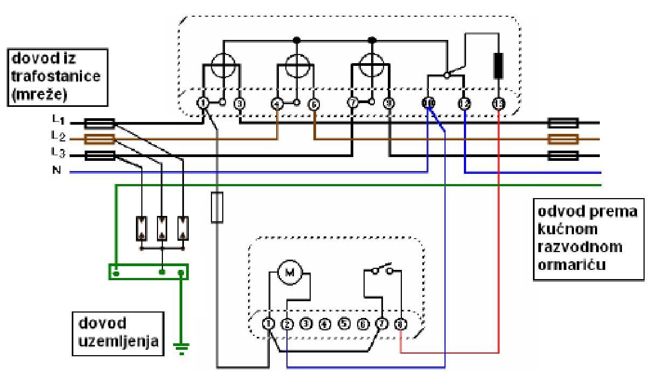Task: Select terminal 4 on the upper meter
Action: tap(277, 103)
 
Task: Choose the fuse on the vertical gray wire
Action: tap(217, 207)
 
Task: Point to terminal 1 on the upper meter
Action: tap(203, 103)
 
